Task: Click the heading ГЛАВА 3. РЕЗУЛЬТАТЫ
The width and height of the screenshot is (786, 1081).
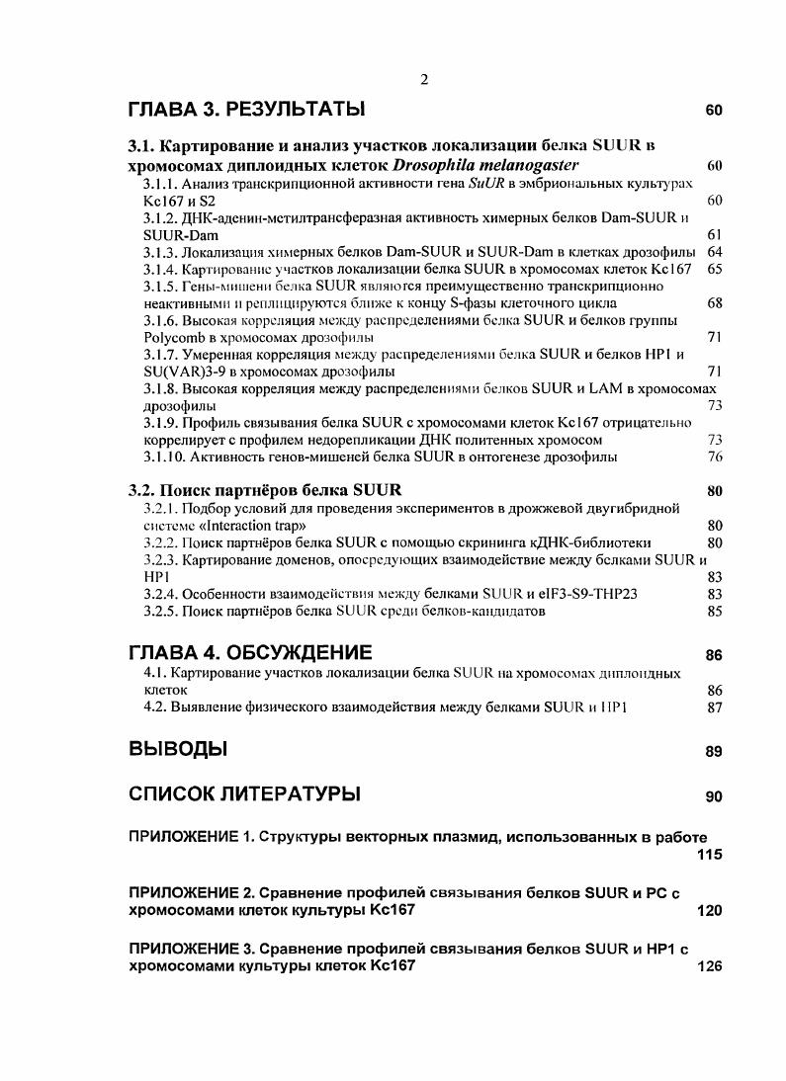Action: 247,109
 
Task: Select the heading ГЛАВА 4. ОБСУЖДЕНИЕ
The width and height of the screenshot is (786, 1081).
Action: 251,653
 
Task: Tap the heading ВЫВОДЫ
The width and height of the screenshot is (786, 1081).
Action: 178,749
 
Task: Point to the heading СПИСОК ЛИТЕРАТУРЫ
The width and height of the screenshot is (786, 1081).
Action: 245,794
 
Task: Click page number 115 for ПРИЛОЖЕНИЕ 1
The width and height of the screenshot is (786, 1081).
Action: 709,855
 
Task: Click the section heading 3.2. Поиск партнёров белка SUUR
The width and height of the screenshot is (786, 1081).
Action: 266,490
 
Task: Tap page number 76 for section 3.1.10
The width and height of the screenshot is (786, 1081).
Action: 716,457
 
